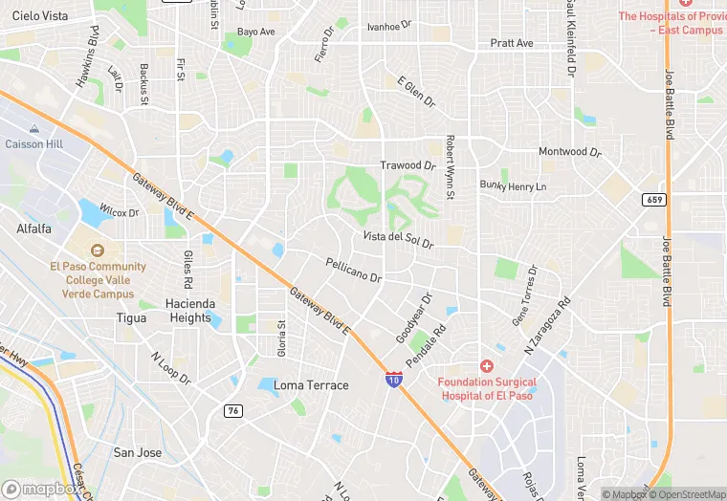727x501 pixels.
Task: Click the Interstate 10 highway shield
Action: point(393,379)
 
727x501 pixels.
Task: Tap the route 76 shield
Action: point(232,410)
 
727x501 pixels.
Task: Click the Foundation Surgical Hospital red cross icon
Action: point(487,366)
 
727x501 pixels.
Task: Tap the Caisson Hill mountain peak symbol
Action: point(34,128)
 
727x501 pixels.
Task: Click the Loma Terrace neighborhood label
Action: point(311,385)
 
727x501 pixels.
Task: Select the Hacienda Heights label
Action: point(188,311)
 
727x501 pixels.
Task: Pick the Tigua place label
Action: point(131,317)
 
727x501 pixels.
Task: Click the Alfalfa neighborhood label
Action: point(34,229)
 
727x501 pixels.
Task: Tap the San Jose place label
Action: point(137,452)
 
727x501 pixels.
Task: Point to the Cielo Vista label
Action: point(40,16)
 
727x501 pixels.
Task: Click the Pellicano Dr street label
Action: point(353,270)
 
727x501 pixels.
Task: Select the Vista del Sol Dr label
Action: point(398,239)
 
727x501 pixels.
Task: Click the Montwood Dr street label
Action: point(569,152)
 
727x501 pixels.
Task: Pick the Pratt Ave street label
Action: point(512,43)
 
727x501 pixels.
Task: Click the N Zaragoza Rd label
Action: point(546,325)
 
